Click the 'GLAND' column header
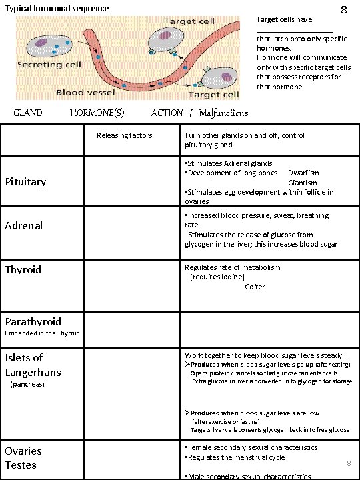pos(28,113)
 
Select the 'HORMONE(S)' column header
pos(97,113)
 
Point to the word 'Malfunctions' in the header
pos(223,113)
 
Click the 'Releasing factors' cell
pos(124,135)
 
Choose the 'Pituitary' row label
pos(25,181)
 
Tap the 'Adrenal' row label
pos(24,225)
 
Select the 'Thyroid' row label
pos(23,269)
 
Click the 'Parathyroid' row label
pos(33,321)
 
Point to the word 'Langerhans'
pos(33,372)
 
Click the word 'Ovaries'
pos(23,451)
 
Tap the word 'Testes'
pos(21,465)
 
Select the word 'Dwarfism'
pos(303,173)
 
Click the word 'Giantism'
pos(303,183)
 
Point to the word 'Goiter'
pos(255,287)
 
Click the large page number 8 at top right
pos(343,10)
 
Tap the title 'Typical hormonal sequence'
pos(57,9)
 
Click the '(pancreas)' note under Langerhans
pos(27,385)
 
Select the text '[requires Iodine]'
pos(217,277)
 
